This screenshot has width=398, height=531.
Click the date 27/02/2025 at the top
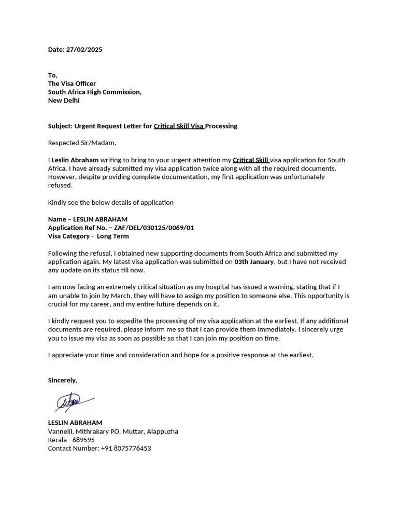[84, 50]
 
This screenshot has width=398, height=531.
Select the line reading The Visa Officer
[72, 83]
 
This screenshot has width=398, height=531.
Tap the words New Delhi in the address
[64, 100]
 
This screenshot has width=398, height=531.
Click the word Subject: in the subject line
[60, 126]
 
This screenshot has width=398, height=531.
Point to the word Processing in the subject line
[221, 126]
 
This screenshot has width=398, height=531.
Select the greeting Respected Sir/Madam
[82, 143]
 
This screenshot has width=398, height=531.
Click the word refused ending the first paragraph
[60, 185]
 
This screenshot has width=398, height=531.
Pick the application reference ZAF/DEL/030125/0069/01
[154, 228]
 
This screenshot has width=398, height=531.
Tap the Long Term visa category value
[113, 236]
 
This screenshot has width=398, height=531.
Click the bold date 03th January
[254, 262]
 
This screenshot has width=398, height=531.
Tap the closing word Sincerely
[62, 380]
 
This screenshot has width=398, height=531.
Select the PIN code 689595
[84, 440]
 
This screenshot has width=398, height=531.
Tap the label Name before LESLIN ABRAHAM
[57, 219]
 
